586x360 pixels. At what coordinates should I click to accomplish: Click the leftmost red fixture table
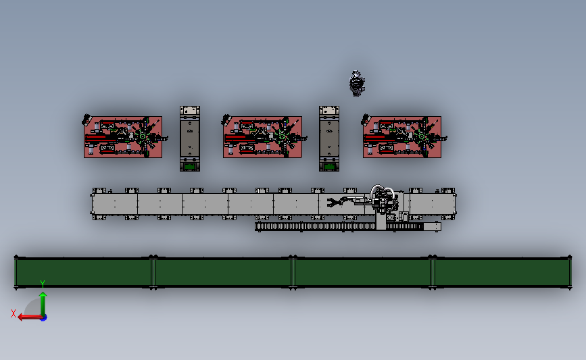tap(123, 136)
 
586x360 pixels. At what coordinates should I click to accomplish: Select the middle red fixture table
tap(262, 136)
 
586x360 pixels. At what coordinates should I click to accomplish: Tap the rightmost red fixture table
tap(401, 136)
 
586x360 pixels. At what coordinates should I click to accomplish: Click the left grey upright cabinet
tap(190, 138)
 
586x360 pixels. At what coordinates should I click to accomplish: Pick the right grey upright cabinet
tap(329, 138)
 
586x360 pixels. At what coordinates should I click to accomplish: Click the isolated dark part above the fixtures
tap(357, 83)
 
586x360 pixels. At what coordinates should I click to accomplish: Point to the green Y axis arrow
tap(43, 304)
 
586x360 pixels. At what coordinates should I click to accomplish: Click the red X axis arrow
tap(30, 317)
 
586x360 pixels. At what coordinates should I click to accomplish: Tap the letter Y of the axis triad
tap(43, 284)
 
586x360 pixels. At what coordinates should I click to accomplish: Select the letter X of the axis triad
tap(14, 313)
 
